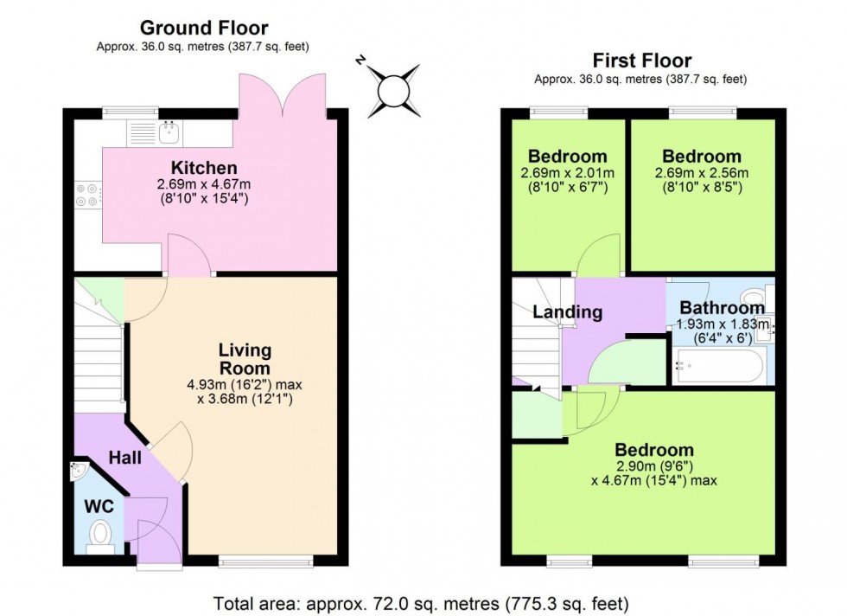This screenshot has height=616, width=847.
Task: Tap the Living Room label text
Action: pyautogui.click(x=245, y=359)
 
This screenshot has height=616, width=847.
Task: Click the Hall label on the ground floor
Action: pyautogui.click(x=124, y=456)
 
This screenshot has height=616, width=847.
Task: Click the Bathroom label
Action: pyautogui.click(x=721, y=307)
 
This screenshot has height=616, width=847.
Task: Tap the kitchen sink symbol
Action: pyautogui.click(x=169, y=132)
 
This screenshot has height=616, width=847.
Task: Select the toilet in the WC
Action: pyautogui.click(x=101, y=534)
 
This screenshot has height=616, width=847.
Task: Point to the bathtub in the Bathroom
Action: pyautogui.click(x=718, y=367)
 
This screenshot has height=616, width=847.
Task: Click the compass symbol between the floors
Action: pyautogui.click(x=391, y=89)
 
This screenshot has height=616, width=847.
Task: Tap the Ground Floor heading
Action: pyautogui.click(x=203, y=29)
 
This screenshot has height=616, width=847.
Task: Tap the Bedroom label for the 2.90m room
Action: pyautogui.click(x=653, y=450)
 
